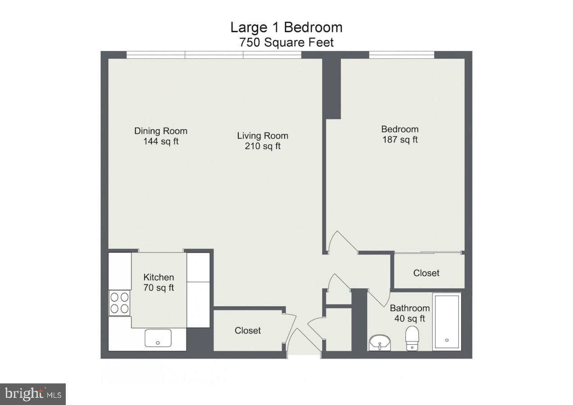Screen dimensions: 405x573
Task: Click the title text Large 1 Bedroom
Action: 286,27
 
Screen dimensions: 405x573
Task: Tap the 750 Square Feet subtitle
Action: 286,43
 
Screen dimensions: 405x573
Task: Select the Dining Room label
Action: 160,131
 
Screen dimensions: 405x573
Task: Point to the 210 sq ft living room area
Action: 262,146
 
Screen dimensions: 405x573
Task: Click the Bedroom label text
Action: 400,129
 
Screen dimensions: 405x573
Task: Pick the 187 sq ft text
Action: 400,139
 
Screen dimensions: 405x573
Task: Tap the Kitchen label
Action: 159,277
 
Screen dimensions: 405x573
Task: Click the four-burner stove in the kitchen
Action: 119,302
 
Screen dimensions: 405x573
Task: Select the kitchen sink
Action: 158,337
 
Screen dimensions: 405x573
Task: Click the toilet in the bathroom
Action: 412,337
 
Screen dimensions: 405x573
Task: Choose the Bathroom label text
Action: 409,308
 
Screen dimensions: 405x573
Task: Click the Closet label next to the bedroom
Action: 426,273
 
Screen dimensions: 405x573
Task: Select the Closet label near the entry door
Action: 247,330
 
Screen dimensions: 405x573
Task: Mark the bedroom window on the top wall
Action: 401,55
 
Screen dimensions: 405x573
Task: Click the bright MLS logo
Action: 33,394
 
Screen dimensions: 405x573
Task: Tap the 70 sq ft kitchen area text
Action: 159,288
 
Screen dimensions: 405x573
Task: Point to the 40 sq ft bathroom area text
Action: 409,319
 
